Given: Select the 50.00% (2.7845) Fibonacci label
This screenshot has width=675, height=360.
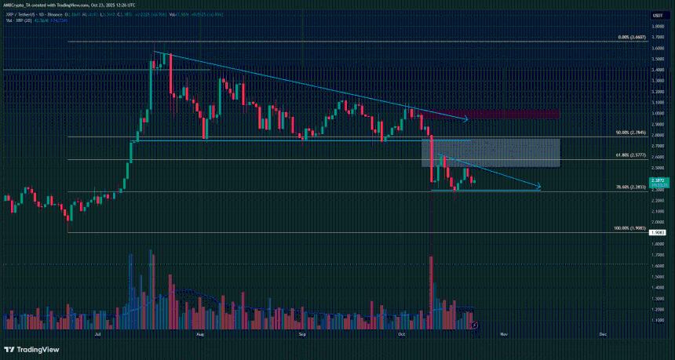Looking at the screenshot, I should (629, 133).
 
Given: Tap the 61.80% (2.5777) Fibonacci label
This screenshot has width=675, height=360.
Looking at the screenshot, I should (629, 156).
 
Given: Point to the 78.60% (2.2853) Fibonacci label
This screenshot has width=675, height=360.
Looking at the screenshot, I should (629, 187).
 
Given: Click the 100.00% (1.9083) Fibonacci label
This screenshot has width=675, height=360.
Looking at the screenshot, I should (629, 228).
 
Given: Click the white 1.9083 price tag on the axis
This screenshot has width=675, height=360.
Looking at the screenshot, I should (659, 232).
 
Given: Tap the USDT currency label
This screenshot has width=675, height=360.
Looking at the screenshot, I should (659, 15).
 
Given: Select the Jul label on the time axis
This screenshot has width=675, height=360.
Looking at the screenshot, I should (97, 334).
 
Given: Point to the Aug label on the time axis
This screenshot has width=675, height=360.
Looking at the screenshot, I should (200, 334).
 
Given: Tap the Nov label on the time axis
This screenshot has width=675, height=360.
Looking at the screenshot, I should (504, 334).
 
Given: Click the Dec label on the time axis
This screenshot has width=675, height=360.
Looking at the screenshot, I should (603, 334).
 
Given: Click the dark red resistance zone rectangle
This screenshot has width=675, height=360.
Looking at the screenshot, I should (514, 115).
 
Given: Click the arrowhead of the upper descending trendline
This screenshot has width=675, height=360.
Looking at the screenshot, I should (465, 119).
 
